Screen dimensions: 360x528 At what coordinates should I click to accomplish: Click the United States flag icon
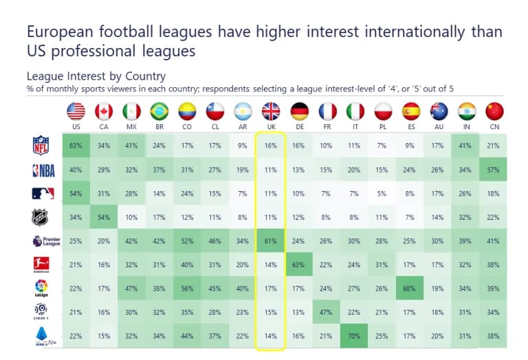pyautogui.click(x=76, y=111)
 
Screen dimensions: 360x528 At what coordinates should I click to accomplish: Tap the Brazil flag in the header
pyautogui.click(x=159, y=111)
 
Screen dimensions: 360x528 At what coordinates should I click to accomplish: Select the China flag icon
pyautogui.click(x=494, y=111)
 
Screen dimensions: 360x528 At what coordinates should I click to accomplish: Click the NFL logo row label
pyautogui.click(x=42, y=145)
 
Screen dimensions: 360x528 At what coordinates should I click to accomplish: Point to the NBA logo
pyautogui.click(x=42, y=170)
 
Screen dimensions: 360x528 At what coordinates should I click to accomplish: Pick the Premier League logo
pyautogui.click(x=42, y=241)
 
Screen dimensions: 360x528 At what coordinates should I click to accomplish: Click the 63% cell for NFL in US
pyautogui.click(x=76, y=146)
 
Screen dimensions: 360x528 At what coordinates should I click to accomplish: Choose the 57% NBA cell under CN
pyautogui.click(x=494, y=170)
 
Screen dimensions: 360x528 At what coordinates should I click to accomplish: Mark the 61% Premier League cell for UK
pyautogui.click(x=270, y=241)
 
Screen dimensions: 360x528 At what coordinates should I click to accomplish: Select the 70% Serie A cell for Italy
pyautogui.click(x=355, y=335)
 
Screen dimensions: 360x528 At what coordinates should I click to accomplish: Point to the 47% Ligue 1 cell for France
pyautogui.click(x=327, y=311)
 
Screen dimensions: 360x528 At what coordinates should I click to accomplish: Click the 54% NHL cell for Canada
pyautogui.click(x=104, y=217)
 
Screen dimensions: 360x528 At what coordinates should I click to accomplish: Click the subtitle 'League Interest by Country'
pyautogui.click(x=96, y=76)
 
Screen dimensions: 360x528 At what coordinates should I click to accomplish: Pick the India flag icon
pyautogui.click(x=466, y=111)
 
